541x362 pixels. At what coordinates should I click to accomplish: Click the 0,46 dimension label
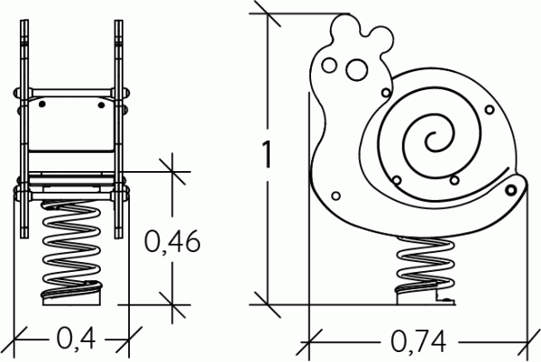pyautogui.click(x=172, y=241)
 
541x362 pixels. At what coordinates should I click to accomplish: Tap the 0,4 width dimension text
pyautogui.click(x=76, y=339)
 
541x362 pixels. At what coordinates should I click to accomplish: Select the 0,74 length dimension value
pyautogui.click(x=418, y=341)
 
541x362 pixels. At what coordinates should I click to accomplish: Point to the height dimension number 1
pyautogui.click(x=266, y=154)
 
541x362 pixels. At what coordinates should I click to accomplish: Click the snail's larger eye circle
pyautogui.click(x=356, y=70)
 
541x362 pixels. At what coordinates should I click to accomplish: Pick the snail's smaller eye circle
pyautogui.click(x=329, y=65)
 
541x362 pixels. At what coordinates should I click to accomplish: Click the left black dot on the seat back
pyautogui.click(x=42, y=104)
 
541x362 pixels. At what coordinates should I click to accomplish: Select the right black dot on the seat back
pyautogui.click(x=101, y=104)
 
